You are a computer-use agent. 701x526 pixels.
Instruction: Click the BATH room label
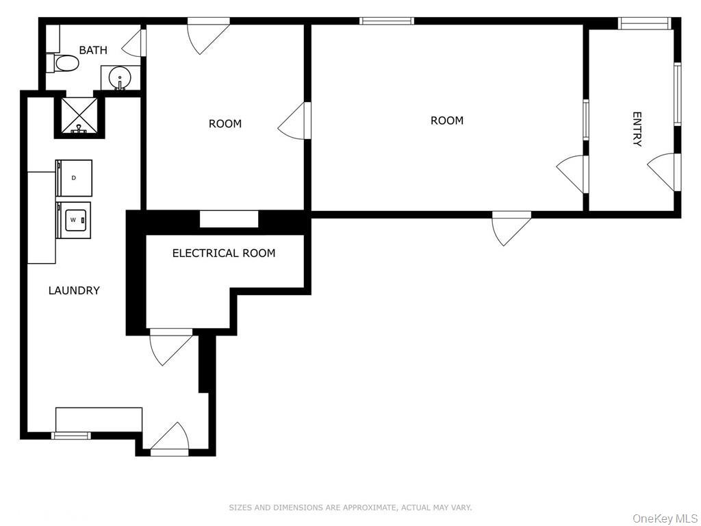(x=93, y=50)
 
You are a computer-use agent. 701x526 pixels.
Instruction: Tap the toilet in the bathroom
(x=64, y=64)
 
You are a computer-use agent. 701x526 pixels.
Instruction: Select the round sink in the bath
(x=120, y=77)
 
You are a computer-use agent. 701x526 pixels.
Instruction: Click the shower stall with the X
(x=77, y=115)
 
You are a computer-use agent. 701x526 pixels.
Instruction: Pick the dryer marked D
(x=75, y=177)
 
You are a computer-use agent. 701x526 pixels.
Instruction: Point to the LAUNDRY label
(x=74, y=290)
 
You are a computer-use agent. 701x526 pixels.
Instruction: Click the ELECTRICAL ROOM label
(x=224, y=253)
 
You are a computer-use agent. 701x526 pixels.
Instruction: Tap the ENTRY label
(x=637, y=129)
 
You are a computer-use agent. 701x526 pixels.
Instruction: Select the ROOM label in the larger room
(x=447, y=121)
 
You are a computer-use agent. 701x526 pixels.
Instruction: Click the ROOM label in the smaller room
(x=225, y=124)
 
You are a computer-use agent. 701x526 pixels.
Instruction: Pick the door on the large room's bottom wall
(x=511, y=227)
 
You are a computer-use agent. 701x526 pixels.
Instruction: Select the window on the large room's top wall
(x=387, y=21)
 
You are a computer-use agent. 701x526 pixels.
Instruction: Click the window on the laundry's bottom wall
(x=71, y=435)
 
